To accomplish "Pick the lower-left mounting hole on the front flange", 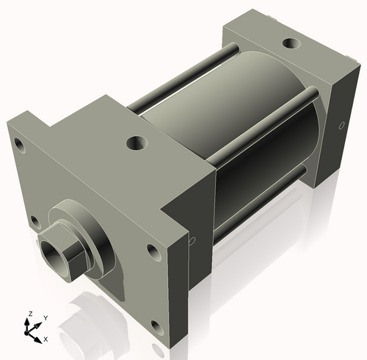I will click(34, 218).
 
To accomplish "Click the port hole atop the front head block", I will click(137, 141).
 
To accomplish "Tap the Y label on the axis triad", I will click(46, 317).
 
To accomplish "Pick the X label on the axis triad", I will click(46, 339).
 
